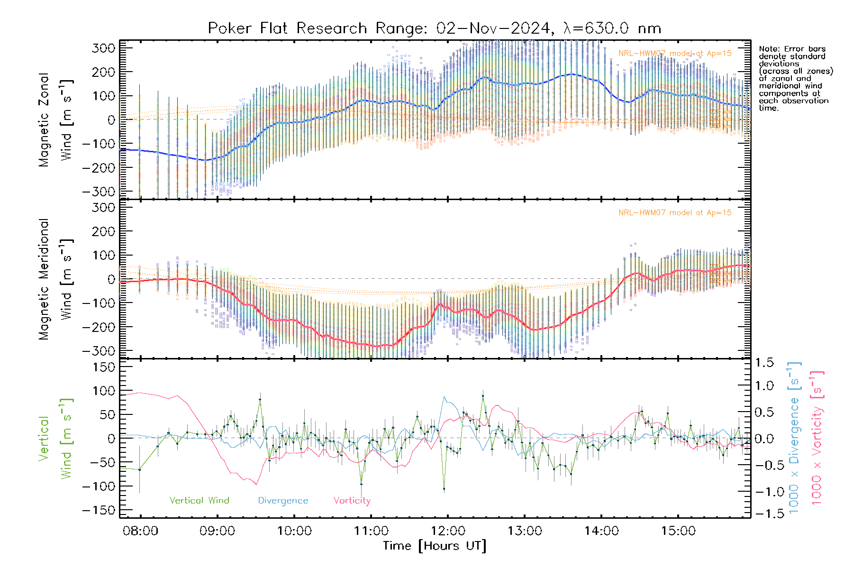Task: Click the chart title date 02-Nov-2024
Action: tap(494, 28)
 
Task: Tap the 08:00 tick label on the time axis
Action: tap(140, 531)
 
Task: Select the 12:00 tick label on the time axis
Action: tap(448, 531)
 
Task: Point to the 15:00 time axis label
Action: tap(678, 531)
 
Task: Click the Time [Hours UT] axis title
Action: tap(435, 546)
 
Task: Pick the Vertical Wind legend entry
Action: tap(199, 501)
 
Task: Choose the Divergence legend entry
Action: tap(283, 501)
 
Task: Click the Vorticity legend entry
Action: tap(352, 501)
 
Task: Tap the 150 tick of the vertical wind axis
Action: tap(104, 367)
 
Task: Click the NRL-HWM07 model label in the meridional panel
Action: tap(675, 213)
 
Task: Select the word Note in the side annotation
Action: tap(768, 49)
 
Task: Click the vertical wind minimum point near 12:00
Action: tap(444, 488)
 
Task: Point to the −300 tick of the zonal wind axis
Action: tap(99, 192)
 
